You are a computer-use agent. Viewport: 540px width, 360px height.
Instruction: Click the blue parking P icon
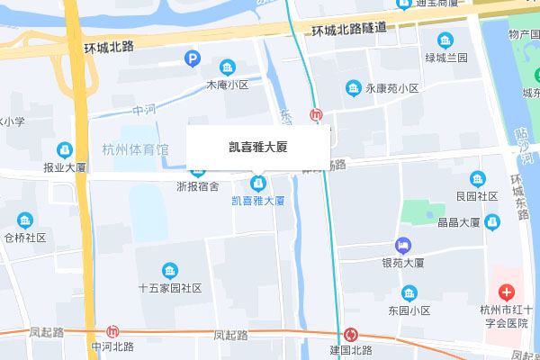(192, 59)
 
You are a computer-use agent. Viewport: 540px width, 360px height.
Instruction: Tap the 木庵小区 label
(227, 85)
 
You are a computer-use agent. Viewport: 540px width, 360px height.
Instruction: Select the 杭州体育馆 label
(135, 149)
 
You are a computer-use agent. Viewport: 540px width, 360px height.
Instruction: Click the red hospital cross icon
(506, 292)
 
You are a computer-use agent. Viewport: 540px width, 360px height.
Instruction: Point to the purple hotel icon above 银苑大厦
(403, 245)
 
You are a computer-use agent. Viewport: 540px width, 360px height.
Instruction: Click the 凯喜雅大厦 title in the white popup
(257, 146)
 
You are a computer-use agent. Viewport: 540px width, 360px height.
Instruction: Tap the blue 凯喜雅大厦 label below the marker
(258, 201)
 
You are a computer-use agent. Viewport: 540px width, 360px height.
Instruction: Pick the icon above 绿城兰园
(445, 40)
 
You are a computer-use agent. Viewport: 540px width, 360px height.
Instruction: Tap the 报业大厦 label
(64, 167)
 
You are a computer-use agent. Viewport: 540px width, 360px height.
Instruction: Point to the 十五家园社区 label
(169, 289)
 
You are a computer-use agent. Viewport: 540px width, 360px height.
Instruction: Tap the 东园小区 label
(409, 310)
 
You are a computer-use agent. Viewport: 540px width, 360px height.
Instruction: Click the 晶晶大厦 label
(457, 222)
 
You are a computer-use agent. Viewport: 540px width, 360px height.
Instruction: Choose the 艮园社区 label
(477, 195)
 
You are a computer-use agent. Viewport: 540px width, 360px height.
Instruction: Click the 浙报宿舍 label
(197, 187)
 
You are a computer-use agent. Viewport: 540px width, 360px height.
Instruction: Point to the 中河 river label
(144, 110)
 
